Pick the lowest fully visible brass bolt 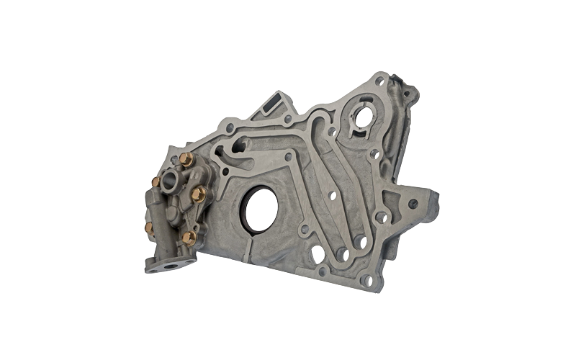tap(189, 236)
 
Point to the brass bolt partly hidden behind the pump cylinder tap(149, 228)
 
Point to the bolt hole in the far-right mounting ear tap(413, 204)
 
